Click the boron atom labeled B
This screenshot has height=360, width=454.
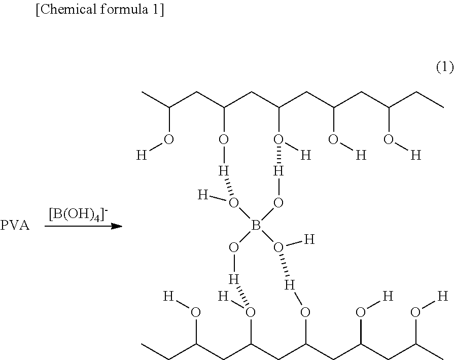click(256, 225)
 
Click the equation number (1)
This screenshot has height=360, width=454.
click(444, 67)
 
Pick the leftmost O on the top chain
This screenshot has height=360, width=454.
click(169, 139)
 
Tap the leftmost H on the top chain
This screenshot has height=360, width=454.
click(142, 155)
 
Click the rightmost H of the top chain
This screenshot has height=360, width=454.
click(415, 155)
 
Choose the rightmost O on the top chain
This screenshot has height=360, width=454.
click(388, 139)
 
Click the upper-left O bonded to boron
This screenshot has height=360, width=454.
click(233, 203)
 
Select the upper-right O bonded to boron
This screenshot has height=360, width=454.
click(278, 203)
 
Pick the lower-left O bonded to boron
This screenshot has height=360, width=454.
click(233, 247)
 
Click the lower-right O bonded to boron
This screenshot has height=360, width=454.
click(278, 247)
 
